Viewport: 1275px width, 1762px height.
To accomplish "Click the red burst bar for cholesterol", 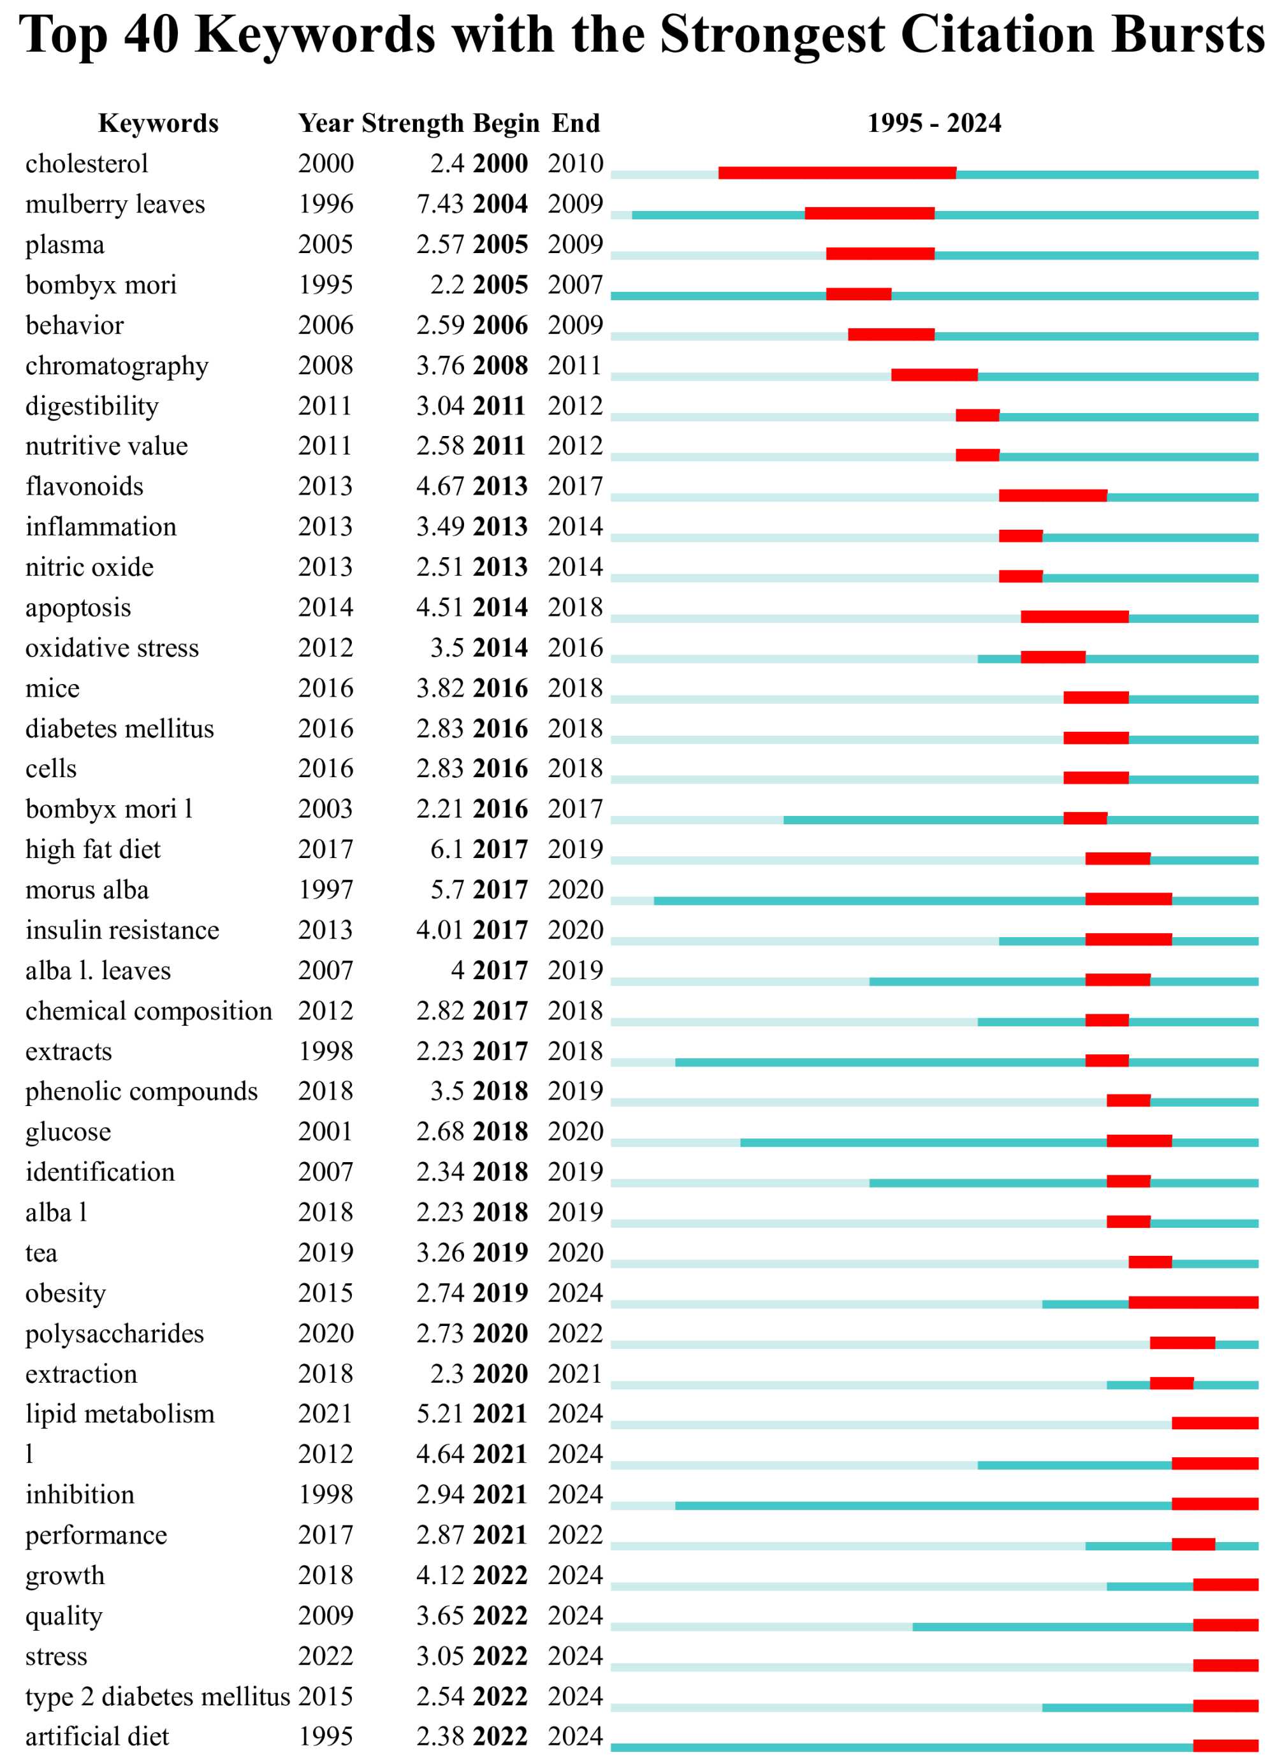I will click(x=837, y=173).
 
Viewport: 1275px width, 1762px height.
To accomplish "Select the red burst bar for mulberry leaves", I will click(x=869, y=213).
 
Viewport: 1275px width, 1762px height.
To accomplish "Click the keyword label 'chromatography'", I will click(x=117, y=366).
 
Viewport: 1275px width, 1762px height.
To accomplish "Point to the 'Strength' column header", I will click(x=412, y=123).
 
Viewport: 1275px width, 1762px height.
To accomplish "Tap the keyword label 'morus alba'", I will click(x=87, y=889).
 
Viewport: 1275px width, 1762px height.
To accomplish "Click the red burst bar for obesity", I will click(x=1193, y=1302).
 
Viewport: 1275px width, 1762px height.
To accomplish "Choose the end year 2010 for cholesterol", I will click(x=575, y=164).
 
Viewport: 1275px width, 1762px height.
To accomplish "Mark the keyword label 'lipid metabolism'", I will click(x=120, y=1414).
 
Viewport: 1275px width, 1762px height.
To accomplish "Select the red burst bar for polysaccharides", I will click(x=1182, y=1343).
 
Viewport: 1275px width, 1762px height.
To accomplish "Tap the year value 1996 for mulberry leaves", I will click(x=326, y=205).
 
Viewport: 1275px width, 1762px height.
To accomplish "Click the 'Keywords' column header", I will click(x=159, y=123).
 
